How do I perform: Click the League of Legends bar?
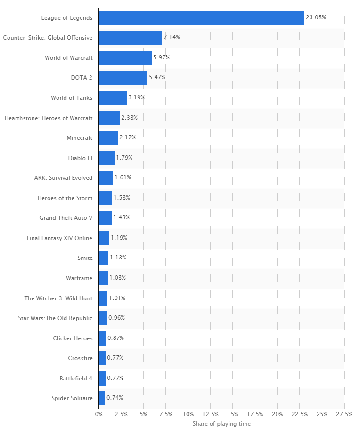(201, 18)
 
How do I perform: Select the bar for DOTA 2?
(123, 78)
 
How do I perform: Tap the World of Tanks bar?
(113, 98)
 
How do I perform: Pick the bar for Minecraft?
(108, 138)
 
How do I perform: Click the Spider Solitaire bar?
(102, 398)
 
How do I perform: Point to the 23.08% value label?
(316, 17)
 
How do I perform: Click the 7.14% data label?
(172, 37)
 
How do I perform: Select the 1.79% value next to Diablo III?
(124, 158)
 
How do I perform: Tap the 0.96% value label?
(116, 318)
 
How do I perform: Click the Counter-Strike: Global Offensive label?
(48, 38)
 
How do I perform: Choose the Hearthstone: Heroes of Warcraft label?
(49, 118)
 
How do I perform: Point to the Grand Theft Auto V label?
(66, 218)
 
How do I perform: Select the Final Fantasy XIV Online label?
(59, 238)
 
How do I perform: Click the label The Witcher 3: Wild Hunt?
(58, 298)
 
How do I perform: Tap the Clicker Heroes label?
(73, 338)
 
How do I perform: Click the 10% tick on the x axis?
(188, 414)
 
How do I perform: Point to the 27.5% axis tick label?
(344, 414)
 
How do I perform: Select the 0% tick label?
(98, 414)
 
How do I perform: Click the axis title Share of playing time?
(221, 424)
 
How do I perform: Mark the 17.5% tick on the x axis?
(255, 414)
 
